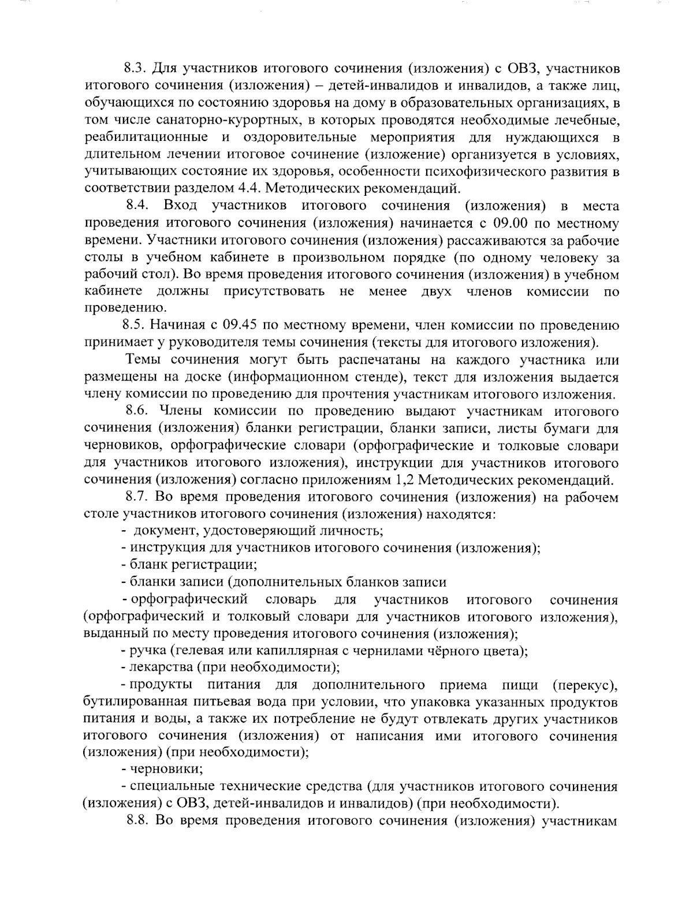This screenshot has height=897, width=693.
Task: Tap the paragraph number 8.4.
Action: point(139,206)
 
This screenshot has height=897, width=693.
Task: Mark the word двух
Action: point(437,291)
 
